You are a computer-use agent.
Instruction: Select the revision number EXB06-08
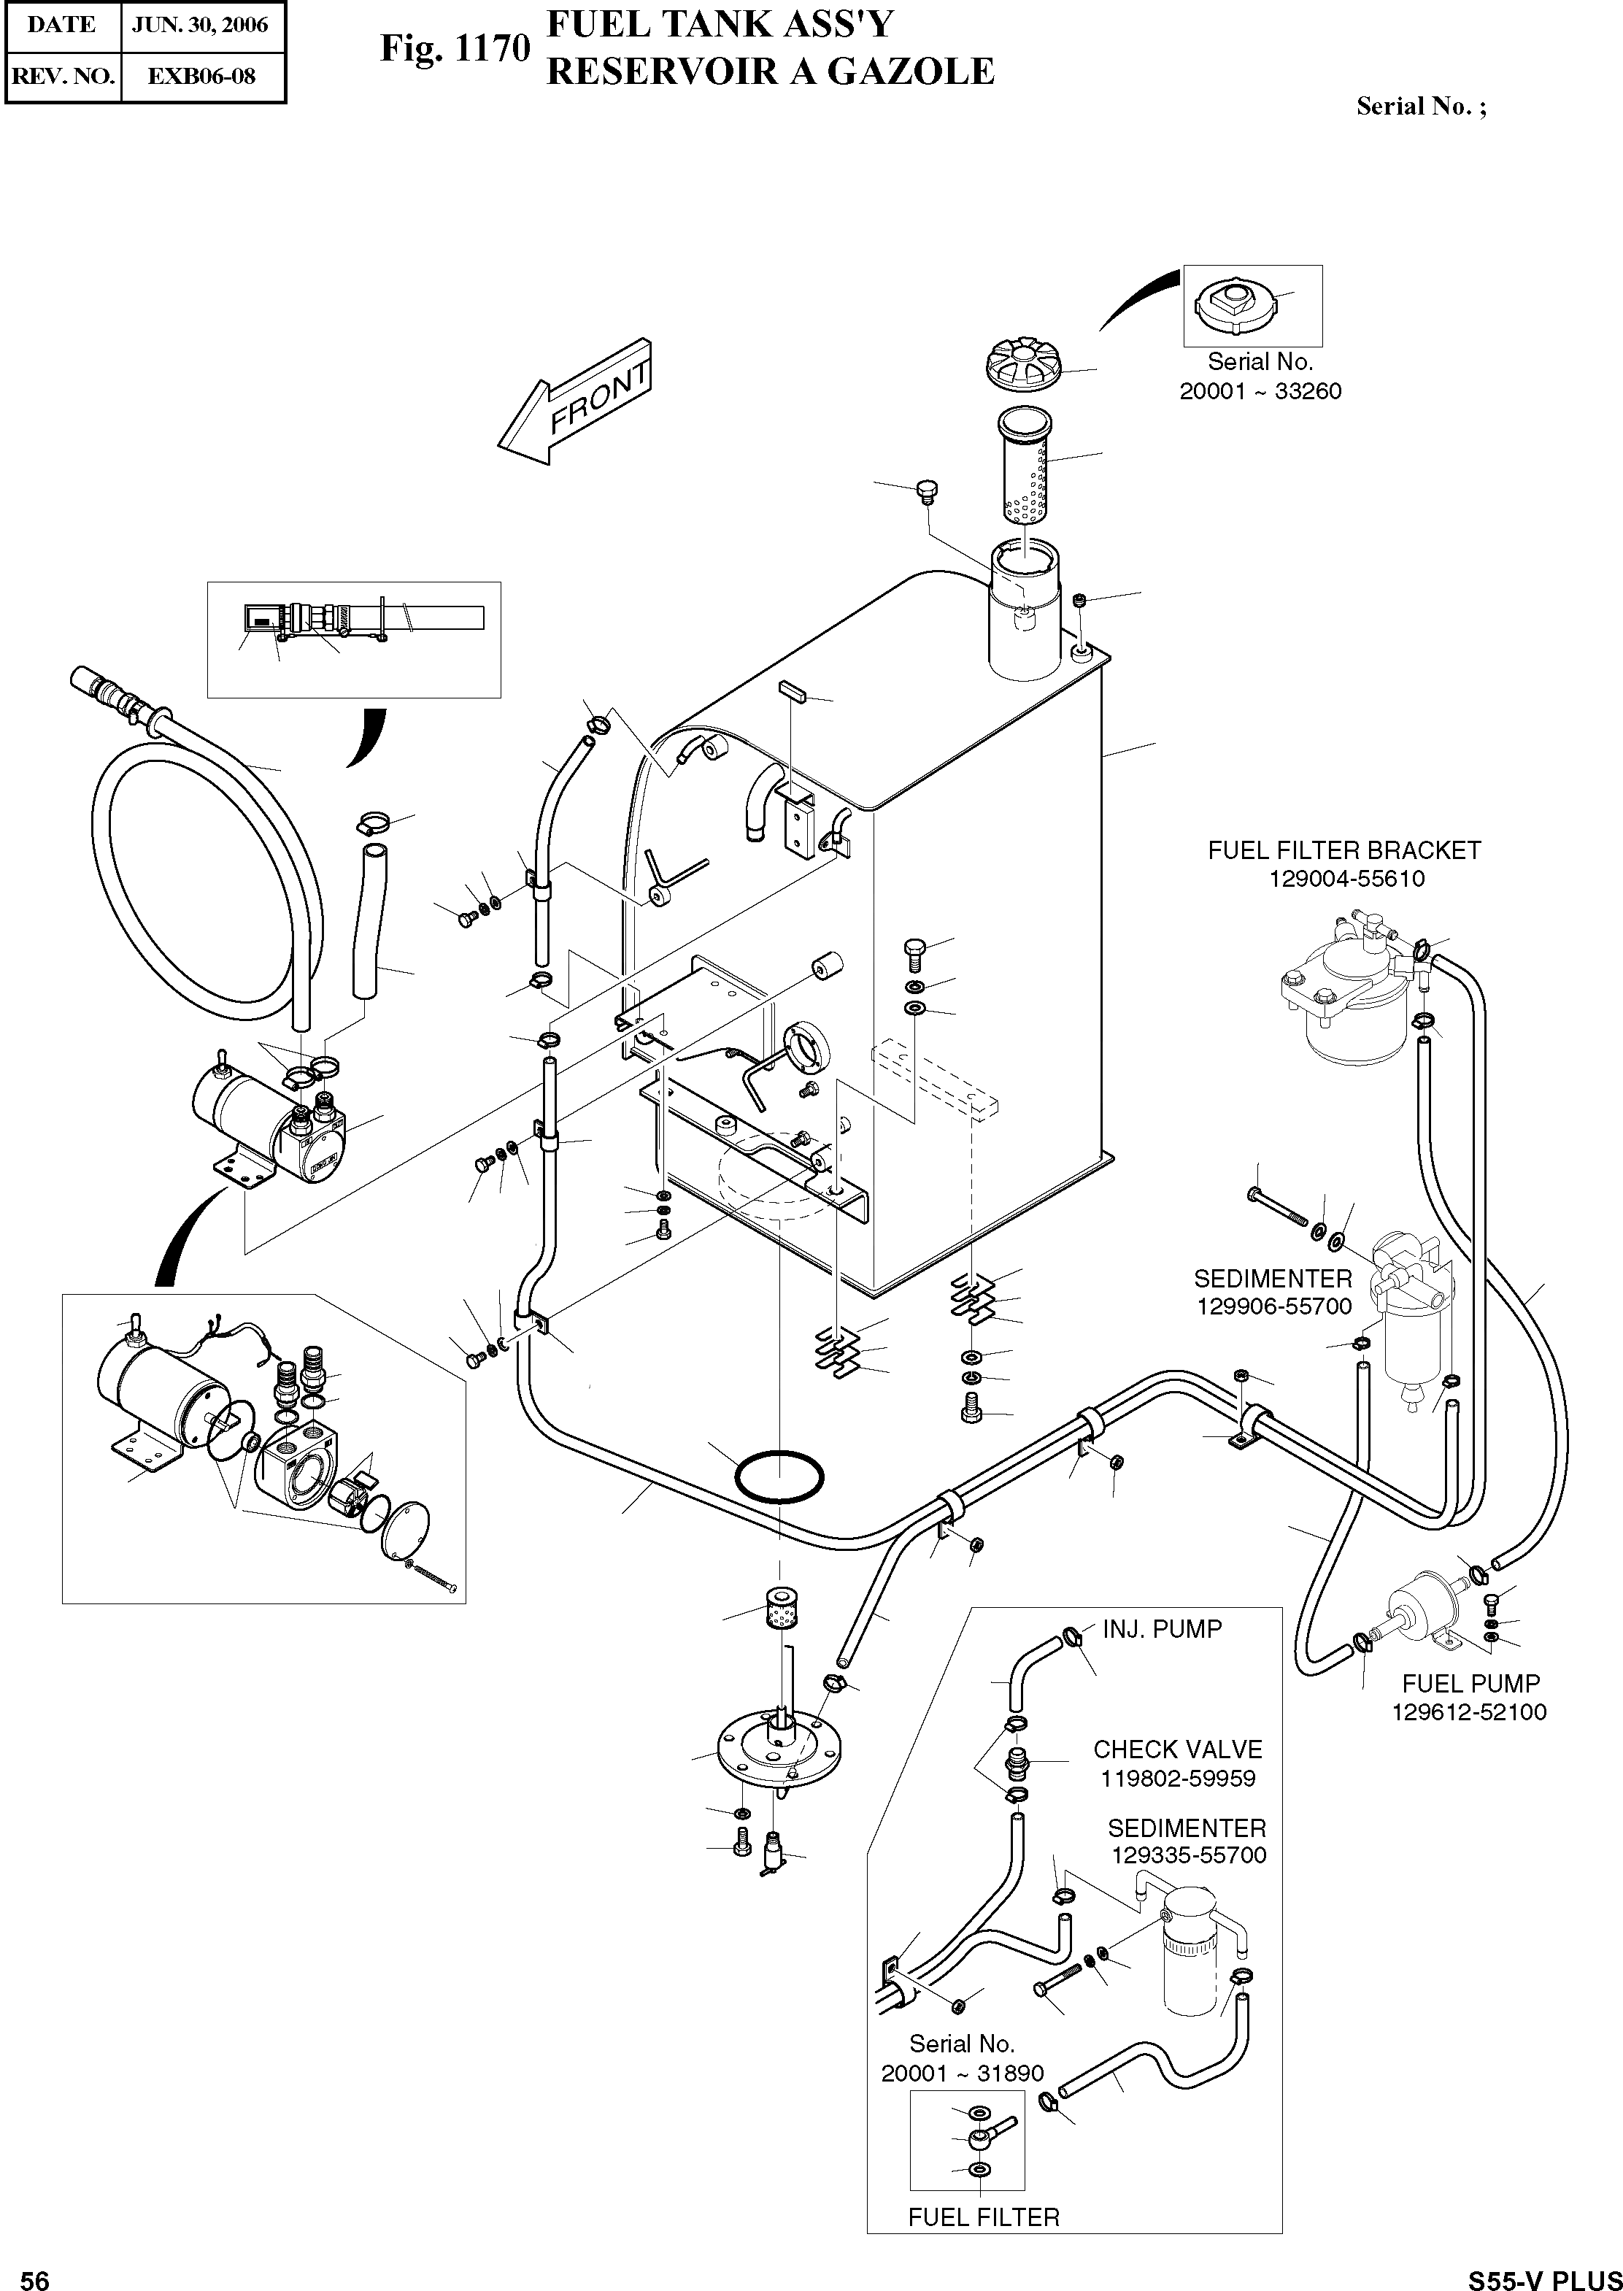pos(202,76)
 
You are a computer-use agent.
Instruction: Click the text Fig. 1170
pos(454,48)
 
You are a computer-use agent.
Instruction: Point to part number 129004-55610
pos(1346,879)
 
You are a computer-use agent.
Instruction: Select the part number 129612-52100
pos(1469,1712)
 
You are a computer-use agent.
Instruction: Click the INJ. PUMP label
pos(1163,1629)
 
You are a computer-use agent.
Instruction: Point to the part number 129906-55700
pos(1274,1306)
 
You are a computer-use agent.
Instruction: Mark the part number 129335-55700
pos(1188,1856)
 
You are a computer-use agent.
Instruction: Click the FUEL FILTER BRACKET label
pos(1344,850)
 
